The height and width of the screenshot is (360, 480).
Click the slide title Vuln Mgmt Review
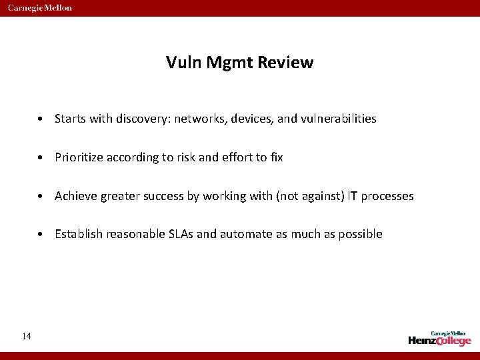click(x=239, y=63)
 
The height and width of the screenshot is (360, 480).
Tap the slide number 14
click(x=26, y=336)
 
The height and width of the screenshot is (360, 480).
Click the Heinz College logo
click(x=439, y=339)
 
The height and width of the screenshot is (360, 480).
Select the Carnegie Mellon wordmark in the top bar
click(x=40, y=8)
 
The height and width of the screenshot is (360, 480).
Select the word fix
click(x=276, y=157)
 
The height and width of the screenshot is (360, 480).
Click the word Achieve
click(x=76, y=196)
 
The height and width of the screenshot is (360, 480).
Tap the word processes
click(x=387, y=196)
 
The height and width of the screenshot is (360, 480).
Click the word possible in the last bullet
click(x=361, y=234)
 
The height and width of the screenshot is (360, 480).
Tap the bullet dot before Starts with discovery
click(x=42, y=119)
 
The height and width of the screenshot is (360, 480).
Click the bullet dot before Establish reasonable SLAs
click(x=42, y=235)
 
